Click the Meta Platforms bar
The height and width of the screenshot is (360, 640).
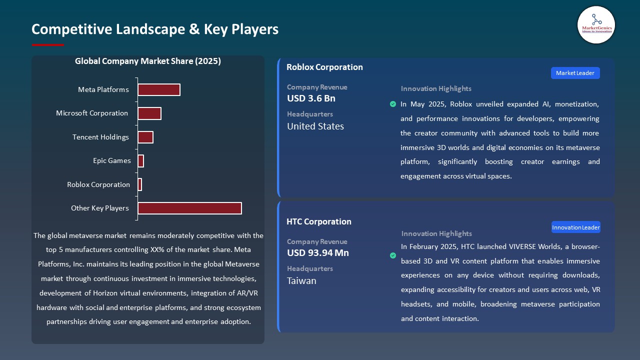(x=159, y=89)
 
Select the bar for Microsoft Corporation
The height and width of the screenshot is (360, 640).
(x=149, y=113)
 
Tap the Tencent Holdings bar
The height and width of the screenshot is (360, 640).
(x=145, y=137)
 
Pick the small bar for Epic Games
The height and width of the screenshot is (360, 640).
(x=141, y=161)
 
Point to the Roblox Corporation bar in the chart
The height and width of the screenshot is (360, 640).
(x=140, y=184)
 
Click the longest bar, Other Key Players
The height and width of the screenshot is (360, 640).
(x=190, y=208)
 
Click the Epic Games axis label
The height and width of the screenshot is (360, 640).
(x=112, y=161)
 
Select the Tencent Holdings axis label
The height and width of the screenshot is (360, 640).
(x=100, y=137)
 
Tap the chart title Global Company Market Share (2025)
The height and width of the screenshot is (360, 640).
(x=148, y=61)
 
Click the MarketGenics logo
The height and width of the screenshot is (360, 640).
(x=596, y=25)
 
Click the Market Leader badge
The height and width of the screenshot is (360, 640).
(x=575, y=73)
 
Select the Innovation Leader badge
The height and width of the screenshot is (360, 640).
(x=576, y=227)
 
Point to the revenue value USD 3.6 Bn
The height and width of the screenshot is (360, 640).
(x=311, y=98)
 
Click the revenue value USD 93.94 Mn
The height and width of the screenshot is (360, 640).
(x=318, y=253)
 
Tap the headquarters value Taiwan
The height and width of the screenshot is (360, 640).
(x=301, y=280)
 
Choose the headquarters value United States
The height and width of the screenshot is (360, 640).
(x=315, y=126)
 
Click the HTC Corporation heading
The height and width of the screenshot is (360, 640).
(x=319, y=221)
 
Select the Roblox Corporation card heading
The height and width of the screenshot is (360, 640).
(x=324, y=67)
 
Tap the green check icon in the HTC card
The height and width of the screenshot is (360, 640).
(x=393, y=255)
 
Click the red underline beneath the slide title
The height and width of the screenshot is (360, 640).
(x=48, y=45)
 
